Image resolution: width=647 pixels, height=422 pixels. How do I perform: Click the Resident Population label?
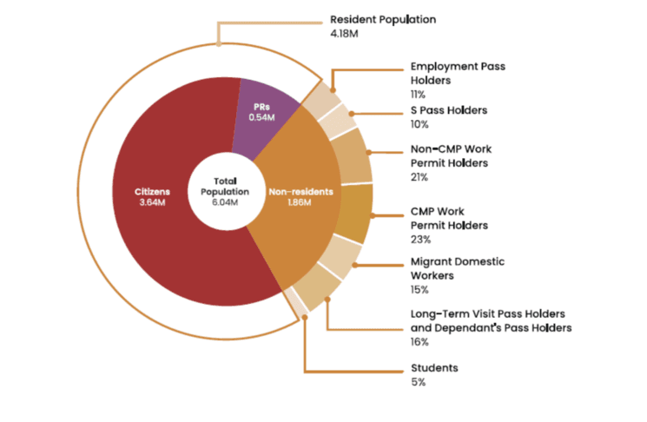tap(383, 19)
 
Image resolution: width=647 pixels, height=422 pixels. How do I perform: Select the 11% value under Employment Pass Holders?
tap(418, 94)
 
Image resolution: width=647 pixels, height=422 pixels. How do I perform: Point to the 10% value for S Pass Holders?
tap(419, 125)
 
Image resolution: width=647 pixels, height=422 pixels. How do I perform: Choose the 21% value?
tap(419, 177)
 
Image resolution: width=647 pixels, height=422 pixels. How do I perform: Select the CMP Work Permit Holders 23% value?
tap(419, 239)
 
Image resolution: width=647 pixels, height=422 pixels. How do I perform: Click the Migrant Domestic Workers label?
tap(456, 268)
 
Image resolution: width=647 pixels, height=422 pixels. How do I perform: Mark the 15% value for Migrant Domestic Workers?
tap(419, 290)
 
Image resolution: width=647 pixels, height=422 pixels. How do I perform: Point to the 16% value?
tap(419, 343)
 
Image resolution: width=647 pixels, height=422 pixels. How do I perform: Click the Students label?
tap(433, 367)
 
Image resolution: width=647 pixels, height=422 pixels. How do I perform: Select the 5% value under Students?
tap(418, 382)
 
